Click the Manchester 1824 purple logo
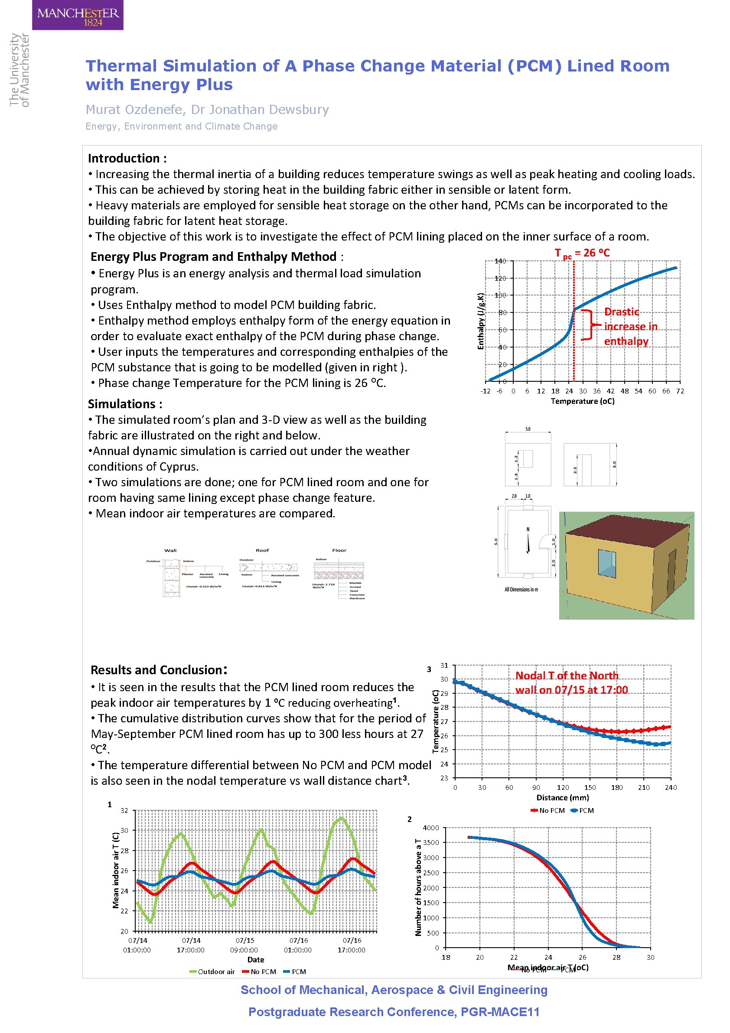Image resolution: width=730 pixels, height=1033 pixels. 78,15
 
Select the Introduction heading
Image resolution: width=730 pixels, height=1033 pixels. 127,158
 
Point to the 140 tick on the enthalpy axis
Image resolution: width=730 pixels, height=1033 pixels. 500,261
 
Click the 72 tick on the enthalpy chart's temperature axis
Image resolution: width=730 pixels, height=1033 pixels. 680,391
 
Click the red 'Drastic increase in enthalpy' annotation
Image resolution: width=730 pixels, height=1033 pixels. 630,326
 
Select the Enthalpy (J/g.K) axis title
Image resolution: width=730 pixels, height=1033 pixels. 481,321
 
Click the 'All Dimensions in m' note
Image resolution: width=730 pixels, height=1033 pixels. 521,589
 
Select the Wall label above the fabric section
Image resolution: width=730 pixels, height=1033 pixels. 170,550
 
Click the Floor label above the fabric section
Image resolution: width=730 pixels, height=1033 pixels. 339,550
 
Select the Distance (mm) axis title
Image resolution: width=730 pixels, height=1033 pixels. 562,798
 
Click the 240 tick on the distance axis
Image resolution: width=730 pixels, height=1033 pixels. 670,787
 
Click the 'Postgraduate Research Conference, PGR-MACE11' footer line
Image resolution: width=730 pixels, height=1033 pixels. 393,1012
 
